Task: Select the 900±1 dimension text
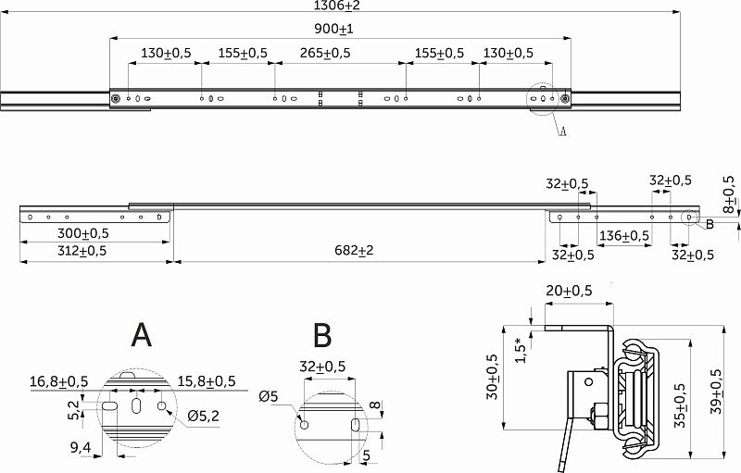[333, 30]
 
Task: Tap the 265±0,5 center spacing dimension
[325, 53]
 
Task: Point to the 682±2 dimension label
[354, 250]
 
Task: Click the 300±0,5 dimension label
[83, 233]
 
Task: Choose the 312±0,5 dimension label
[82, 251]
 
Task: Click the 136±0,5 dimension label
[624, 235]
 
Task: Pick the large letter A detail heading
[142, 335]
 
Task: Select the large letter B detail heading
[322, 335]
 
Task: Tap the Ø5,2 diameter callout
[203, 416]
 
